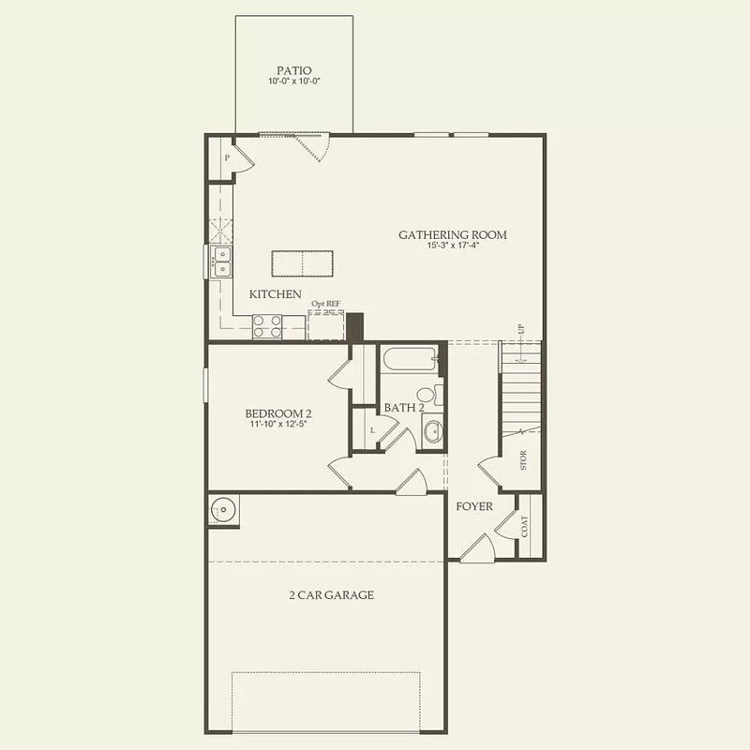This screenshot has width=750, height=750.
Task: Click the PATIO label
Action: [x=294, y=71]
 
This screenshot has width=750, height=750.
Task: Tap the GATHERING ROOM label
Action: [x=453, y=235]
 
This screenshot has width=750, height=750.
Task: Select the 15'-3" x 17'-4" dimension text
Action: [x=453, y=246]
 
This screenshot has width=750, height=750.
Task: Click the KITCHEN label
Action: [x=275, y=294]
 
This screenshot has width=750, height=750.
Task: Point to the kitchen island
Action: [x=302, y=263]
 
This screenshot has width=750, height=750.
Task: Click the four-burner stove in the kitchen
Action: [x=267, y=326]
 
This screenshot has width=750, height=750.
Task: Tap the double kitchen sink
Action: [x=222, y=262]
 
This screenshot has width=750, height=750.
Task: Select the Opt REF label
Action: [x=325, y=304]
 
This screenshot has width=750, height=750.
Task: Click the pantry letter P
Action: [x=227, y=157]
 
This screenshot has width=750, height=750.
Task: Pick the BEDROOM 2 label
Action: [x=278, y=413]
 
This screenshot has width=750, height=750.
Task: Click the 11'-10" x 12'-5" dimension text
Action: [x=277, y=425]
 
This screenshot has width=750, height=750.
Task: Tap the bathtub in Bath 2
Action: [x=410, y=359]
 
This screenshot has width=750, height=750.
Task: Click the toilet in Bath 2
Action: [x=429, y=395]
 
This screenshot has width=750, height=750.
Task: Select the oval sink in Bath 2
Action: [x=433, y=431]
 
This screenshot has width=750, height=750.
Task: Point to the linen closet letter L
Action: [x=372, y=430]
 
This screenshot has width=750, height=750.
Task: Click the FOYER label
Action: [x=474, y=506]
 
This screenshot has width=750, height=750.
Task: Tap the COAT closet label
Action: [x=524, y=526]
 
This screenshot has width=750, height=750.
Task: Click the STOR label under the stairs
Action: [x=523, y=460]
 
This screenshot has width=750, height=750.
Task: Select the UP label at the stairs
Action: [x=521, y=329]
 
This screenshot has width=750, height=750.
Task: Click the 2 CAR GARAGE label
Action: [x=332, y=595]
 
